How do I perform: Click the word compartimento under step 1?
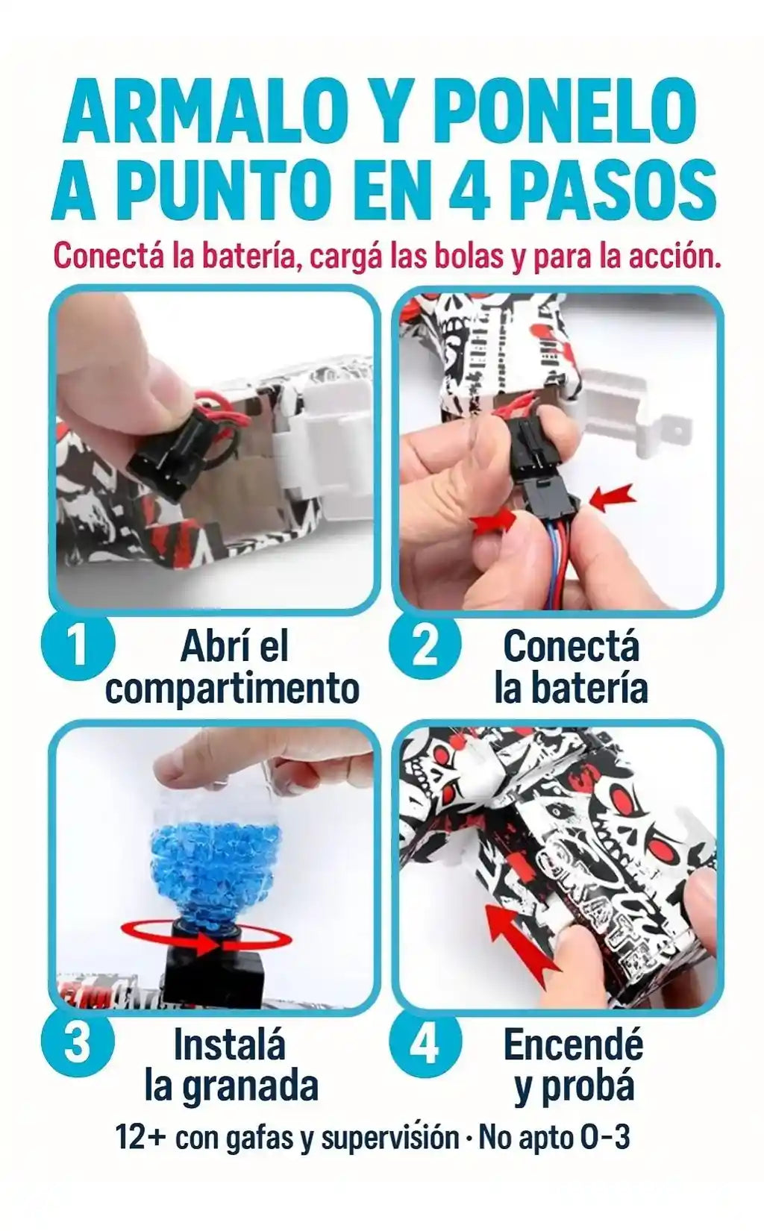232,689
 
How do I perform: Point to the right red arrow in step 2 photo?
613,499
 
